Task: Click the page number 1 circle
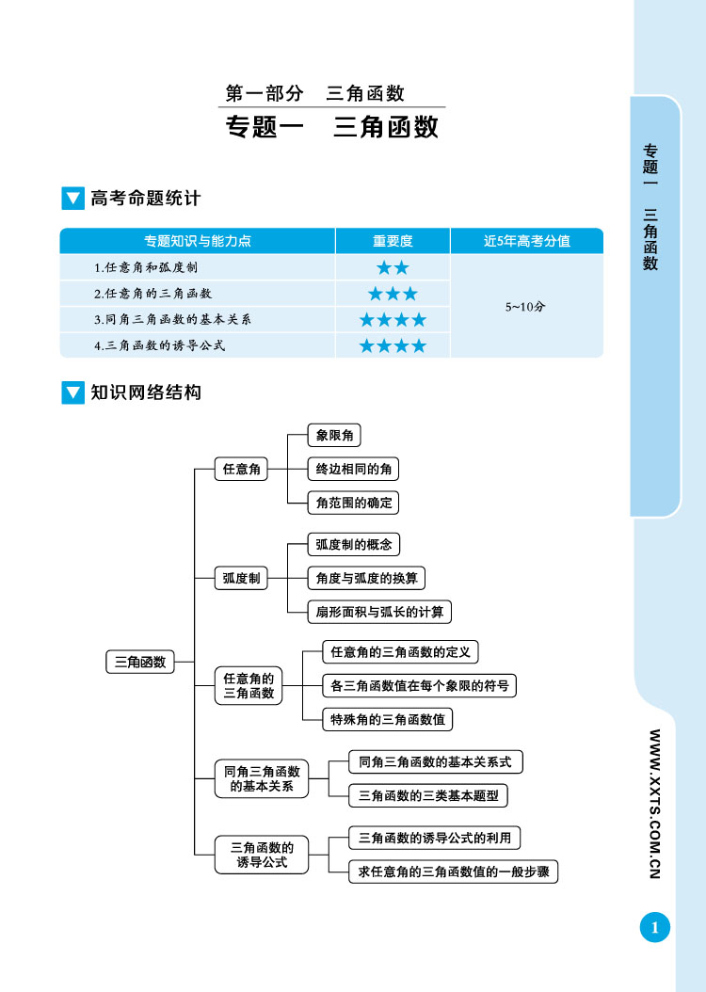pyautogui.click(x=654, y=928)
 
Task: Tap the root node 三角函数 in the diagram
pyautogui.click(x=140, y=662)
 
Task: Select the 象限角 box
pyautogui.click(x=334, y=436)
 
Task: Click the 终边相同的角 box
pyautogui.click(x=353, y=469)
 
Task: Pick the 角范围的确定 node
pyautogui.click(x=353, y=502)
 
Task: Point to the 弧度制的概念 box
pyautogui.click(x=353, y=544)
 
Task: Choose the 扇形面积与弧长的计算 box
pyautogui.click(x=379, y=612)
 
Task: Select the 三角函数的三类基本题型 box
pyautogui.click(x=427, y=795)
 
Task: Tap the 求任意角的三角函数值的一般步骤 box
pyautogui.click(x=453, y=872)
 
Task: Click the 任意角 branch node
pyautogui.click(x=241, y=469)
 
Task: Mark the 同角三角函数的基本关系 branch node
pyautogui.click(x=262, y=778)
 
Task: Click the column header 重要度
pyautogui.click(x=393, y=241)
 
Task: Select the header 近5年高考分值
pyautogui.click(x=526, y=241)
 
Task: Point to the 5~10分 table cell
pyautogui.click(x=525, y=306)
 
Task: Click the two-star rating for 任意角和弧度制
pyautogui.click(x=393, y=267)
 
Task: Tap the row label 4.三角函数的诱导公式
pyautogui.click(x=160, y=345)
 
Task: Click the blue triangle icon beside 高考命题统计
pyautogui.click(x=72, y=199)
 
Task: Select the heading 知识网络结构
pyautogui.click(x=146, y=392)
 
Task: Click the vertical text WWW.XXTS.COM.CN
pyautogui.click(x=654, y=804)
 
